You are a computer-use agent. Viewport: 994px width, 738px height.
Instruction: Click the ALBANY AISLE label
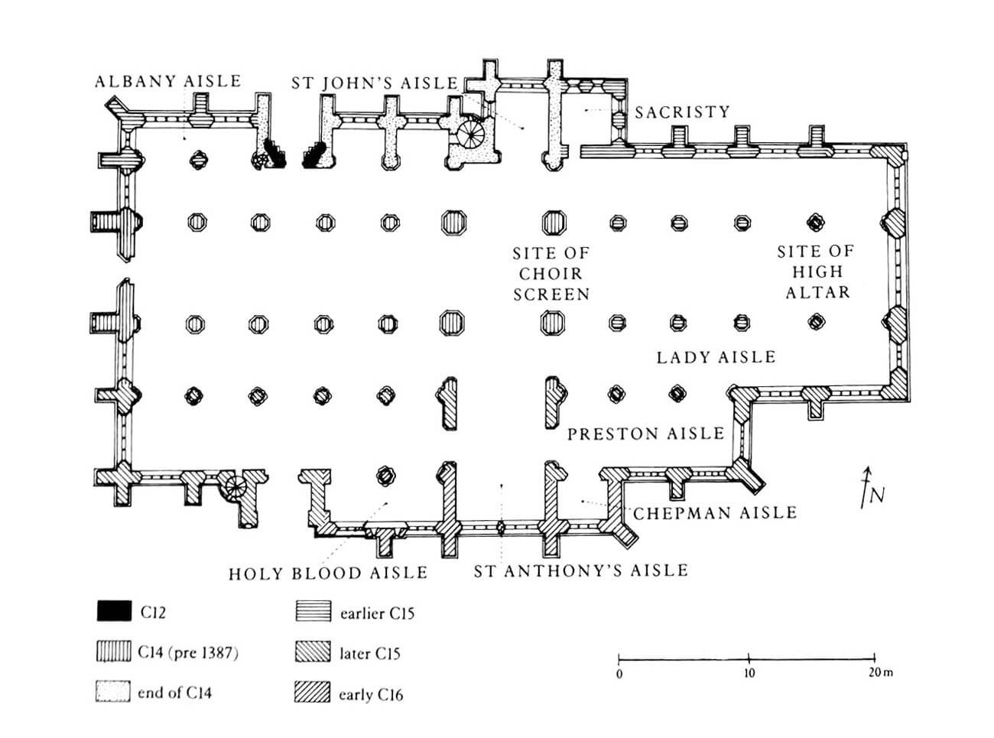[168, 81]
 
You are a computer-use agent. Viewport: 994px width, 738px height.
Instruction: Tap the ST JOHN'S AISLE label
[375, 83]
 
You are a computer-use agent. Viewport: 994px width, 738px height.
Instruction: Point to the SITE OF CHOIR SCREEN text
[551, 274]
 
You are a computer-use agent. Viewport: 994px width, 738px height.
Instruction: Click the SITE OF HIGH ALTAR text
[816, 271]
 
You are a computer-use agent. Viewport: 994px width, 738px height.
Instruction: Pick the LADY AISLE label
[716, 357]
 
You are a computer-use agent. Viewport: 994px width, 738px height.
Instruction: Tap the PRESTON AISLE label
[646, 434]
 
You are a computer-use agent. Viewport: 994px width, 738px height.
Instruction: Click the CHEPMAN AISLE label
[715, 512]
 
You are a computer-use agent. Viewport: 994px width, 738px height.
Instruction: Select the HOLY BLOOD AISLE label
[328, 574]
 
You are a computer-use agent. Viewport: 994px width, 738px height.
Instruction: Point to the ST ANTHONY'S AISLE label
[581, 571]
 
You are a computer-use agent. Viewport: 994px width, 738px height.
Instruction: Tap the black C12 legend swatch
[114, 610]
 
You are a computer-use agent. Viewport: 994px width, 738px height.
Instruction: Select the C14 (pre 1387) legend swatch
[114, 651]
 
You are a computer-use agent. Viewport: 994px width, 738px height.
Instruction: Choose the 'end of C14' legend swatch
[113, 691]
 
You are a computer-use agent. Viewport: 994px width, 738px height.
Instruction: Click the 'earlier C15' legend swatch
[313, 611]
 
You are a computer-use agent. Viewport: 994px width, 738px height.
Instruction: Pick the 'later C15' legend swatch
[313, 652]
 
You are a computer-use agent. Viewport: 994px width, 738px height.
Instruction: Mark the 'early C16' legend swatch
[313, 692]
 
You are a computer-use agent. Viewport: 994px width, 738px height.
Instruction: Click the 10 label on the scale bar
[749, 673]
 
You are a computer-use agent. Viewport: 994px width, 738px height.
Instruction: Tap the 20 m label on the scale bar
[881, 672]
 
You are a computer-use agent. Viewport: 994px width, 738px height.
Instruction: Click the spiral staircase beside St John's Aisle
[470, 134]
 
